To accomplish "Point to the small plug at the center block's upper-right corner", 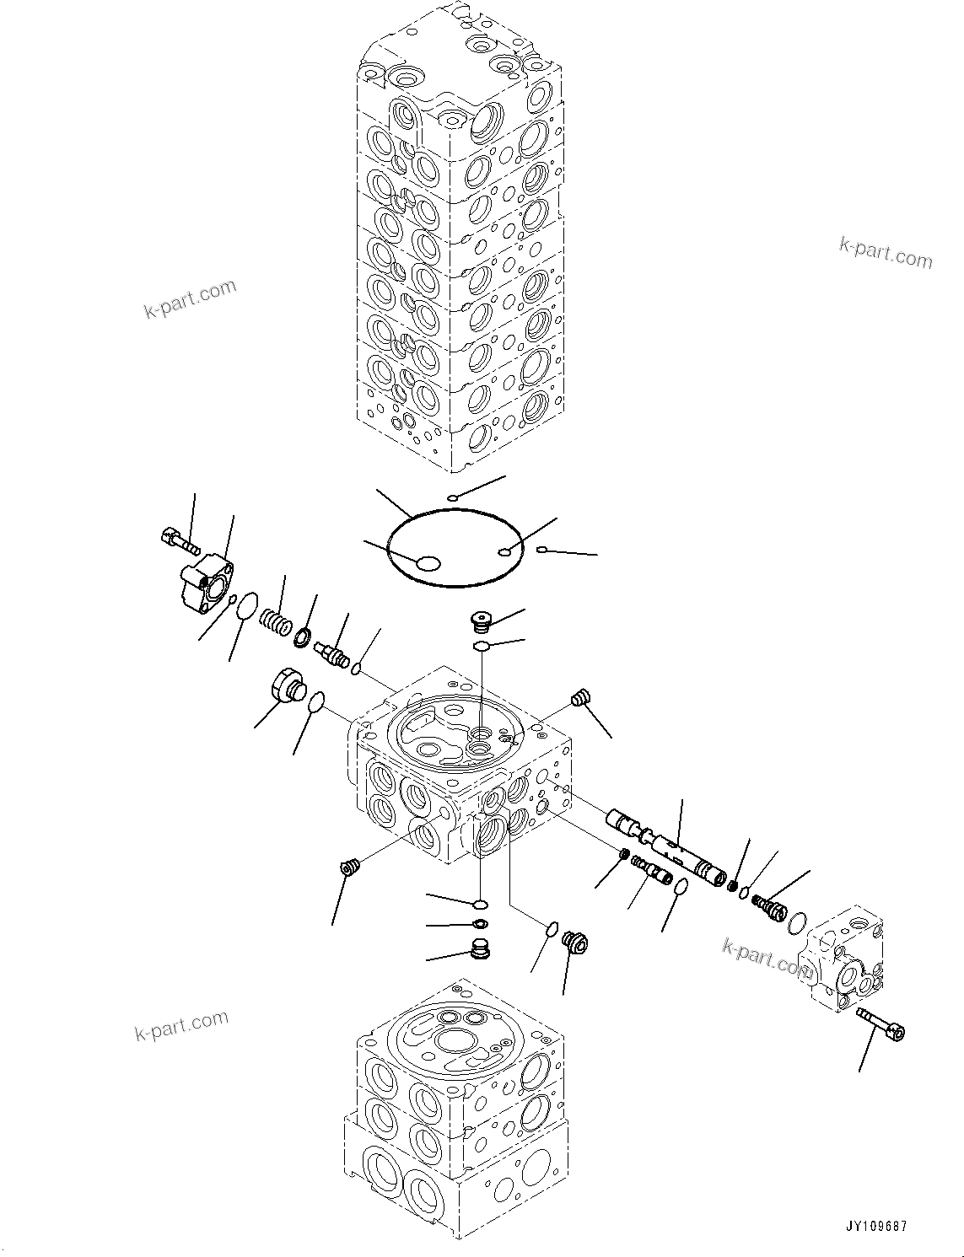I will [579, 697].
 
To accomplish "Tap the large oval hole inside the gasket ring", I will [428, 564].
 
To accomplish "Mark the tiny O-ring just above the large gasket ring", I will [453, 498].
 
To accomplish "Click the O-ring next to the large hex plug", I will [316, 701].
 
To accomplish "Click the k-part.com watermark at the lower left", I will [181, 1024].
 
